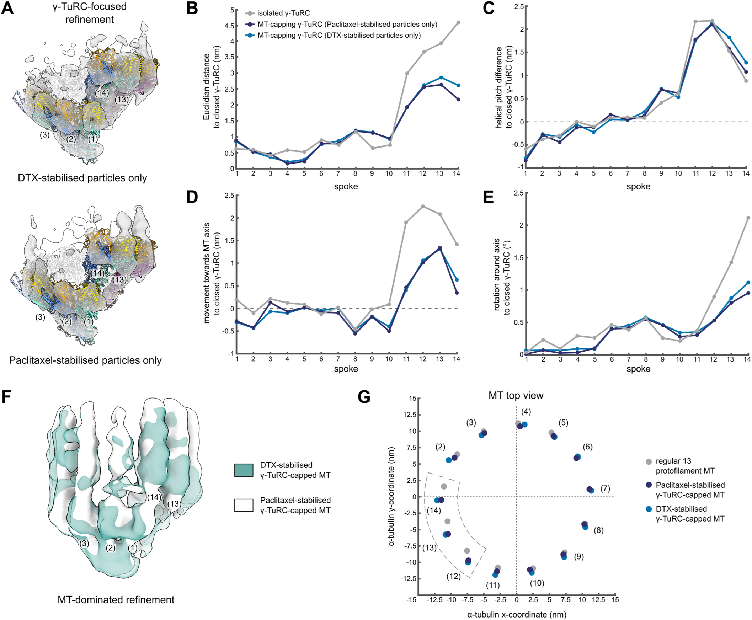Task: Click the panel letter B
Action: tap(192, 8)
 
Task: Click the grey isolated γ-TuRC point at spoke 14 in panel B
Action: tap(458, 22)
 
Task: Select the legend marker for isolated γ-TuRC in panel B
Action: tap(250, 13)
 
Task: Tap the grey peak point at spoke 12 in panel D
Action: tap(423, 207)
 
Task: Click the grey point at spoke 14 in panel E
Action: tap(748, 218)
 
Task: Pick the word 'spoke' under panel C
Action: tap(638, 186)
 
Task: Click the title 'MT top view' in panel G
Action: tap(516, 395)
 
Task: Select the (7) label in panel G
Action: tap(605, 488)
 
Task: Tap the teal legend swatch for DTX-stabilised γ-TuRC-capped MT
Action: tap(244, 470)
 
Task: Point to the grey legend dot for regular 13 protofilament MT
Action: tap(649, 461)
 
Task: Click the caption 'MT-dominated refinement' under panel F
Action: tap(116, 600)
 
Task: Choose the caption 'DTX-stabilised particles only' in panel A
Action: tap(82, 178)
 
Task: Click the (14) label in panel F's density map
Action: tap(154, 497)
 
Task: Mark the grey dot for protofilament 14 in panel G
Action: tap(444, 486)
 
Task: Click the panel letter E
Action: tap(488, 198)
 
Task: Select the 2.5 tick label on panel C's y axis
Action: tap(519, 6)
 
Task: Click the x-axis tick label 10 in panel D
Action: tap(389, 359)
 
